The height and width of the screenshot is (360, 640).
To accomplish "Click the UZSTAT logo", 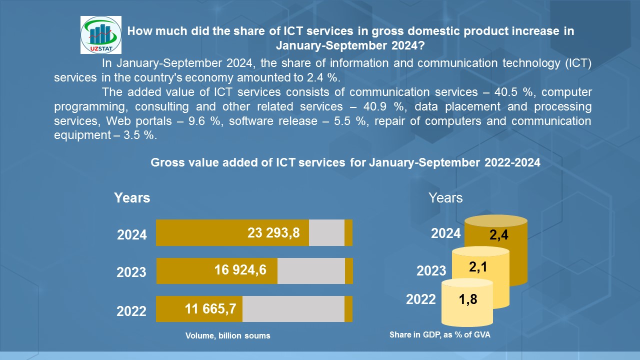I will point(100,34).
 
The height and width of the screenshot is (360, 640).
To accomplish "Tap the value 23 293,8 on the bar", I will point(273,232).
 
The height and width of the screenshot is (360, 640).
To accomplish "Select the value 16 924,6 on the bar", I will point(240,270).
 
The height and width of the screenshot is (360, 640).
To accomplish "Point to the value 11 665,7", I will point(210,309).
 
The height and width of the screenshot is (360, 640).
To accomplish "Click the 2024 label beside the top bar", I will point(132,234).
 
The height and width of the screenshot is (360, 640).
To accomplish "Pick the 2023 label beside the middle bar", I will point(131,272).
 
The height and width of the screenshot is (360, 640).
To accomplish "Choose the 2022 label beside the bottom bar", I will point(131,311).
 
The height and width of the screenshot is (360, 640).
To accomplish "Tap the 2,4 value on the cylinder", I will point(499,235).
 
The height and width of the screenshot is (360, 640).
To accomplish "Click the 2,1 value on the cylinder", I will point(478,267).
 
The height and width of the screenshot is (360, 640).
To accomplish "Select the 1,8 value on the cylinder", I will point(468,300).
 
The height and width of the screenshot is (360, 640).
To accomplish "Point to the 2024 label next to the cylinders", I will point(446,233).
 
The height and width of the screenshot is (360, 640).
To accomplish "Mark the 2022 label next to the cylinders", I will point(421,299).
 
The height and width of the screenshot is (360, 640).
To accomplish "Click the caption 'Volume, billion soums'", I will point(228,335).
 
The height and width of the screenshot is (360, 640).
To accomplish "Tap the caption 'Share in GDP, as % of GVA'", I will point(440,335).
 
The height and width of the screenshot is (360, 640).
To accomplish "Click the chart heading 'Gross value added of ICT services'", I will point(345,162).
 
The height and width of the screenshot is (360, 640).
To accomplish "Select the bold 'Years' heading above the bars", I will point(132,198).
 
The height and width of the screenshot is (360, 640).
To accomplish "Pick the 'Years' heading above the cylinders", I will point(445,198).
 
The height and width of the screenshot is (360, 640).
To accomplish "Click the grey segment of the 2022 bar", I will point(293,309).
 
